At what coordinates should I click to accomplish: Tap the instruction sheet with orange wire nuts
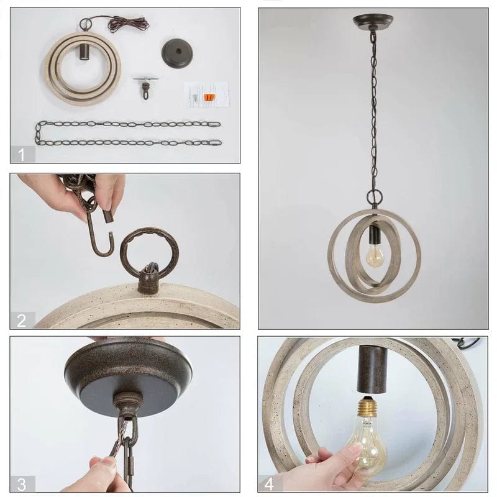(x=206, y=94)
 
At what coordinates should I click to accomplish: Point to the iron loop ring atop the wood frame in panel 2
(x=149, y=252)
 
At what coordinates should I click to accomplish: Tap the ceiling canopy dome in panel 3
(x=127, y=370)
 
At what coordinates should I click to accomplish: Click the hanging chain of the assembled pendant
(x=373, y=112)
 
